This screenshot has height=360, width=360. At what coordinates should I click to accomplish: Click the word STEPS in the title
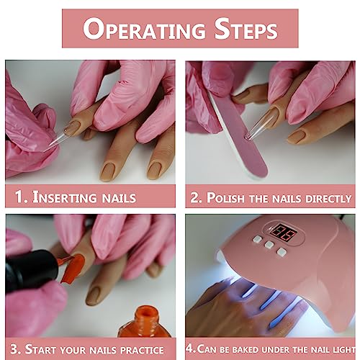tap(242, 30)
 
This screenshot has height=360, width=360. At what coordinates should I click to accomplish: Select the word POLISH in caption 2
tap(231, 197)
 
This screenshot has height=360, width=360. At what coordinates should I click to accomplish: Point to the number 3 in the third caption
tap(14, 348)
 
